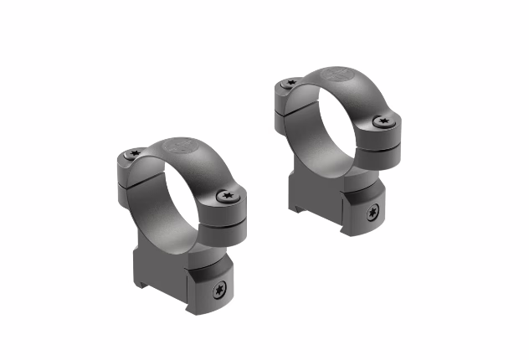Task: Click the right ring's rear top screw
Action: click(x=291, y=83)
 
